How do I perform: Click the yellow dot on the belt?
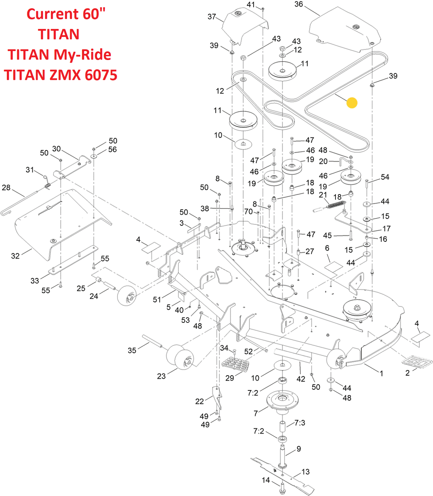[x=352, y=103]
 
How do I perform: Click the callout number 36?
[x=299, y=4]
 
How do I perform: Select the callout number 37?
[x=212, y=17]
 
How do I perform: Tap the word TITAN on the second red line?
[x=59, y=34]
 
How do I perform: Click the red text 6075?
[x=101, y=75]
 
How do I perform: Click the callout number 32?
[x=15, y=256]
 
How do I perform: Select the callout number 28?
[x=6, y=187]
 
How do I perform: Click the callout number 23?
[x=161, y=376]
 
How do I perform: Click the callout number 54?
[x=385, y=177]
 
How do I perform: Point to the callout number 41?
[x=251, y=5]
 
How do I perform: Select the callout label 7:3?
[x=300, y=423]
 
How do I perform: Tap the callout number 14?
[x=266, y=480]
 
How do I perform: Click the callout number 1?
[x=381, y=373]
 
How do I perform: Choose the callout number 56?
[x=113, y=149]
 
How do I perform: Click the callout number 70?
[x=249, y=211]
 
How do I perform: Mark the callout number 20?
[x=323, y=161]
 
